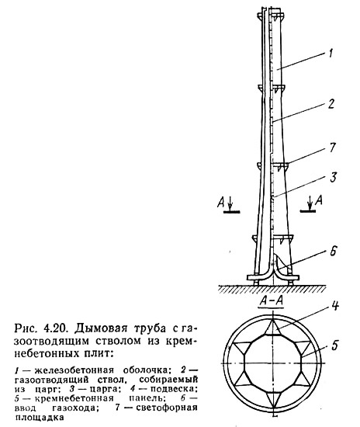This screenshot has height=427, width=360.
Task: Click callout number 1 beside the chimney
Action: coord(331,53)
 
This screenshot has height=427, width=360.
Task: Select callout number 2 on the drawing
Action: coord(331,104)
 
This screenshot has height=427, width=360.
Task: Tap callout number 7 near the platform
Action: coord(333,148)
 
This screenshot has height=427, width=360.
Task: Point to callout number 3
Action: coord(333,177)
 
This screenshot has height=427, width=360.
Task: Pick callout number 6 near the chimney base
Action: coord(334,251)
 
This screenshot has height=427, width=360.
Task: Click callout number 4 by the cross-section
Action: coord(335,306)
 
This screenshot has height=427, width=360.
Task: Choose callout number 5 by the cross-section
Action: coord(334,345)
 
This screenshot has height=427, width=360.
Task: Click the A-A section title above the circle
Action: coord(272,301)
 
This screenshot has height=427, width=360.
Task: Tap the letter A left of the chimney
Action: coord(221,203)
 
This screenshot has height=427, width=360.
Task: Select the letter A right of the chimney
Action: coord(319,200)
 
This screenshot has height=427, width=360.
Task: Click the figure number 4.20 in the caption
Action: coord(54,328)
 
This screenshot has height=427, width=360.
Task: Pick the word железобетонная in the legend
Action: coord(74,370)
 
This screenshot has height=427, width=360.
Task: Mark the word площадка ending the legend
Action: coord(40,418)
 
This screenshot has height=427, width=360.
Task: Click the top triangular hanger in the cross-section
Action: coord(273,327)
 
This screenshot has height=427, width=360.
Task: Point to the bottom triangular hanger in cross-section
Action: coord(273,400)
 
